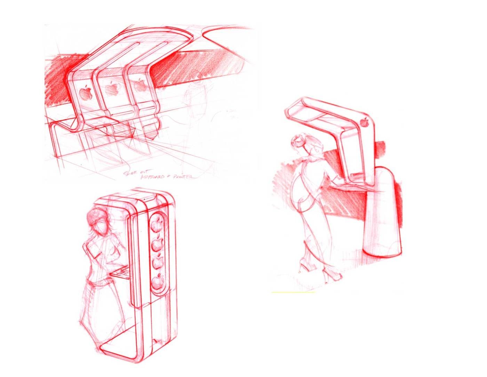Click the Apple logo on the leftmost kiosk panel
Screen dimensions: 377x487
(x=85, y=93)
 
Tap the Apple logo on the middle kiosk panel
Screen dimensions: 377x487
(x=111, y=89)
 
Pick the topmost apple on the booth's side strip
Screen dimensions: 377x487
(x=158, y=221)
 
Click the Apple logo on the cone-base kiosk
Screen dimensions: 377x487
(x=365, y=122)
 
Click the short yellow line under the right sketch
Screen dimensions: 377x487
(x=293, y=292)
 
